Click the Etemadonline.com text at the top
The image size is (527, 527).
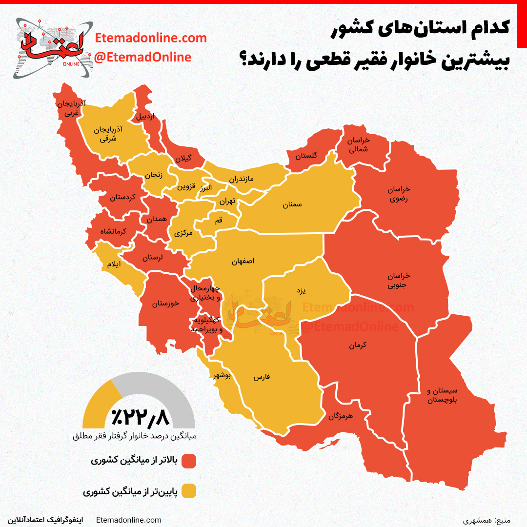(151, 38)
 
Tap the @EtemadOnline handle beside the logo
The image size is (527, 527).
(142, 57)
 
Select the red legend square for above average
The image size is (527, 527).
(188, 461)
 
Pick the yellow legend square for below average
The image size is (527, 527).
(188, 491)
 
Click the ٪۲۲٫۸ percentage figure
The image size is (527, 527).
(140, 417)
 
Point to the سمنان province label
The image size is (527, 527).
(292, 205)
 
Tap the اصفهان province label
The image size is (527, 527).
(243, 262)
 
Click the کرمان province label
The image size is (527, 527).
(357, 345)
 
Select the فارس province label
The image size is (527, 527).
(262, 378)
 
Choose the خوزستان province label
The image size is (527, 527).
(165, 304)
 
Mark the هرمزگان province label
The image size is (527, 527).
(340, 416)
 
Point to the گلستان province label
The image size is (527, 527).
(306, 156)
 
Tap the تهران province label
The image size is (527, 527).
(227, 201)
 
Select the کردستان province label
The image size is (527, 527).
(122, 198)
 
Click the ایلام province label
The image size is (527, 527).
(114, 264)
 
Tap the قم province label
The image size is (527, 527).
(218, 221)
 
